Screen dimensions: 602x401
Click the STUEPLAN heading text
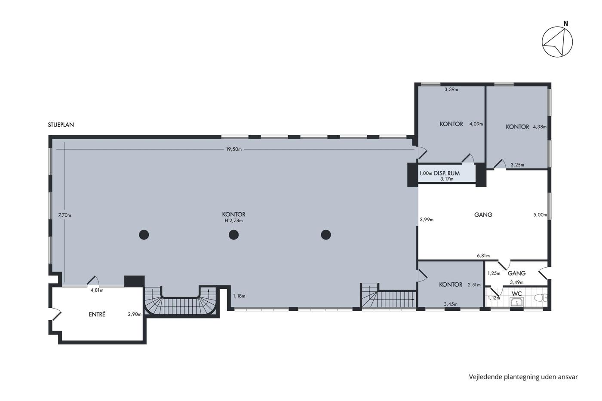61,125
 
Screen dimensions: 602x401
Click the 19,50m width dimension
234,149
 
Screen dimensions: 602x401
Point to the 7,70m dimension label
65,215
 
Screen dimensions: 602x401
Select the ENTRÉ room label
97,314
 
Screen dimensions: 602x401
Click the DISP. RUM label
447,173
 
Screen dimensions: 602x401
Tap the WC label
516,294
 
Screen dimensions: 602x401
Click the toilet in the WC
541,298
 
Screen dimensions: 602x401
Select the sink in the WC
516,303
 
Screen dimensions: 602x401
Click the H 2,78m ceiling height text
234,221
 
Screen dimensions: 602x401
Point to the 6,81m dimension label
483,256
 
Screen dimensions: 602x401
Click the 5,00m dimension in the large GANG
540,215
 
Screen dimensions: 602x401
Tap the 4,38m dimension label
540,127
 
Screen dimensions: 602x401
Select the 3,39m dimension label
451,90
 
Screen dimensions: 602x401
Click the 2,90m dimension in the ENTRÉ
135,314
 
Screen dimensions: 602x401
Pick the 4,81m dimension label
97,291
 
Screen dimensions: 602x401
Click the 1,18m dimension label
239,296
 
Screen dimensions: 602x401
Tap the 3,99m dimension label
427,220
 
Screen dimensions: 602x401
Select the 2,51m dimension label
474,285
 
